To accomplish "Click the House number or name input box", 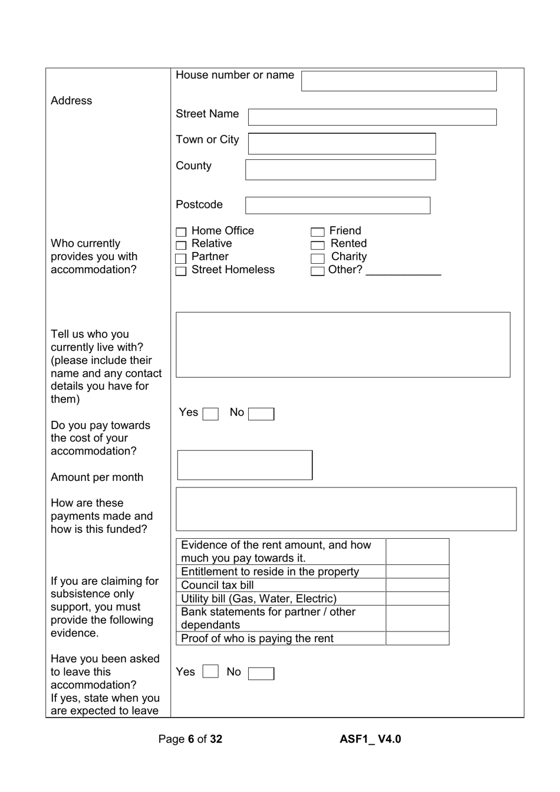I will (398, 81).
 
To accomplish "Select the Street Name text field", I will (372, 117).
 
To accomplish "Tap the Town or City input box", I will (342, 143).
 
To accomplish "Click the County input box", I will (340, 170).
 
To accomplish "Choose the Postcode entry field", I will (337, 205).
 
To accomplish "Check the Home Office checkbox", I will (181, 233).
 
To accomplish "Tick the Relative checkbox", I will (181, 245).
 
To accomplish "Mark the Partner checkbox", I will (181, 258).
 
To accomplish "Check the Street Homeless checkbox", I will (181, 271).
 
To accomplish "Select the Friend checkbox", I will (318, 233).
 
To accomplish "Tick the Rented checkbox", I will (318, 245).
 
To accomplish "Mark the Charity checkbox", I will (318, 258).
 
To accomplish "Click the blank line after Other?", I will (403, 271).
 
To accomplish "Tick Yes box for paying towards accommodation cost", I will (210, 414).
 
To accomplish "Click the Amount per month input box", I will (245, 465).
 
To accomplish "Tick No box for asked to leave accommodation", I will (261, 673).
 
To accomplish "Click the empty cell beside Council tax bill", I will (417, 585).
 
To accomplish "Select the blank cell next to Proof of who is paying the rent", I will (417, 639).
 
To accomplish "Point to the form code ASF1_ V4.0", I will (370, 739).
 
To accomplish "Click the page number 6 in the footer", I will (191, 739).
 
